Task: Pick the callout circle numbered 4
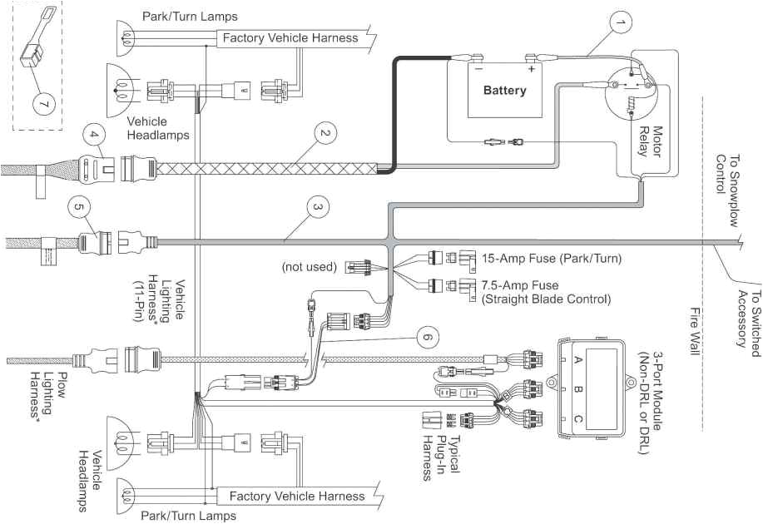94,134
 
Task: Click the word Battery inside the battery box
504,90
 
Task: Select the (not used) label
309,267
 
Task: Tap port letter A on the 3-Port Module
578,360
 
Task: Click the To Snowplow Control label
727,174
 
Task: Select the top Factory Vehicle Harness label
290,37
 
